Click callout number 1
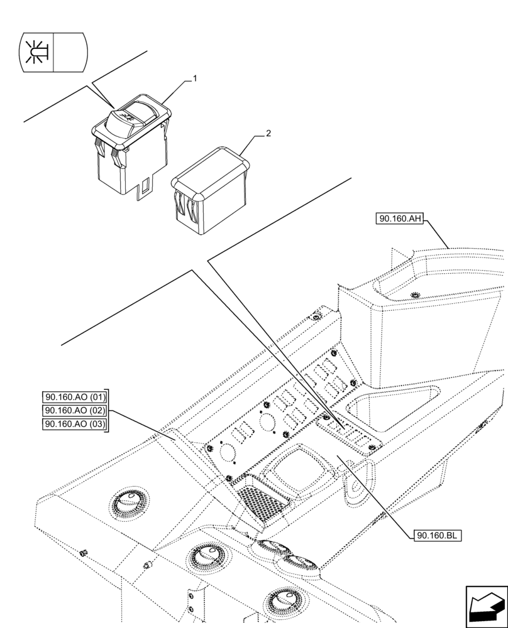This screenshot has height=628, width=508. pyautogui.click(x=195, y=79)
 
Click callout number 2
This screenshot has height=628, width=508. pyautogui.click(x=268, y=134)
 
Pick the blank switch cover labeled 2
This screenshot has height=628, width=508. pyautogui.click(x=211, y=188)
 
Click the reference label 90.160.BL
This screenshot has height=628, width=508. pyautogui.click(x=438, y=536)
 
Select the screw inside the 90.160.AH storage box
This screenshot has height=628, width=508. pyautogui.click(x=414, y=295)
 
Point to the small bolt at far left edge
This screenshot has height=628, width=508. pyautogui.click(x=83, y=553)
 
